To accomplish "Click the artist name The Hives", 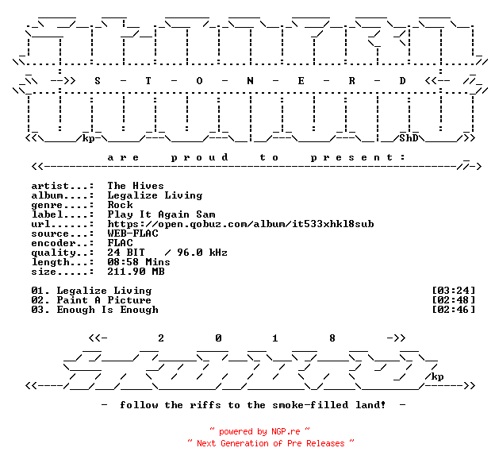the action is (136, 186).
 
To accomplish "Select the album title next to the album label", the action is (155, 195).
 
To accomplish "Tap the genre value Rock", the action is (121, 205).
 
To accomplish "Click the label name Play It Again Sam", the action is (161, 214).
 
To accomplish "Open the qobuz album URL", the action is (241, 224).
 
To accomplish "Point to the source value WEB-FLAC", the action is (133, 234).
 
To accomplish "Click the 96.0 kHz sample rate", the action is (202, 253).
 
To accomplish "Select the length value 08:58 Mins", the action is (139, 262).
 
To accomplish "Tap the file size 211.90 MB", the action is (136, 272).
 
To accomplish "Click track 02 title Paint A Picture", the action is (104, 300).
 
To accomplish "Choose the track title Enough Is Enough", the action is (108, 310).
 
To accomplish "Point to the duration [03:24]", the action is (453, 291).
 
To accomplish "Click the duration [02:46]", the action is (453, 310).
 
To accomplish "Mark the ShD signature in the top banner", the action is (409, 138).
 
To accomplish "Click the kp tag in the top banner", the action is (88, 139).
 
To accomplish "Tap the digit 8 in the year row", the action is (332, 338).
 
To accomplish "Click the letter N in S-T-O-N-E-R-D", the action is (250, 81).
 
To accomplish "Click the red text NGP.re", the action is (286, 431).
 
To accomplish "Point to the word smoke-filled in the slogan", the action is (310, 405).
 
